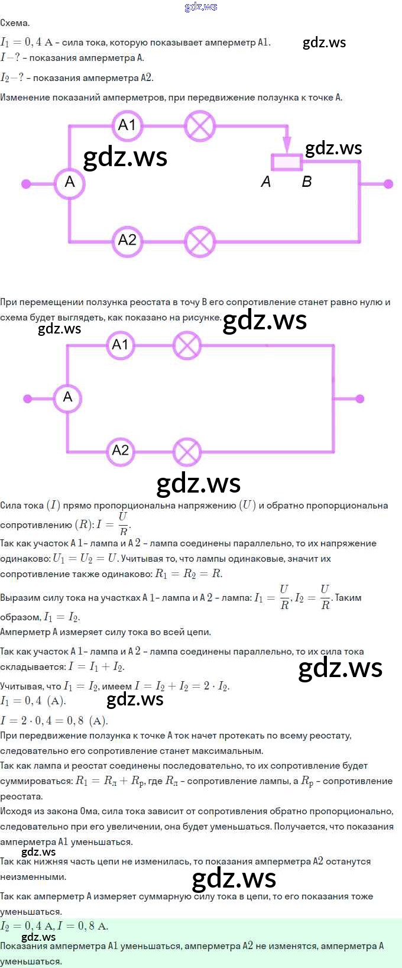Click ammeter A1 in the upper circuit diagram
[x=127, y=125]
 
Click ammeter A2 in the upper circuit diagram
[x=127, y=240]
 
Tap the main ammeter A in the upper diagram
[x=70, y=183]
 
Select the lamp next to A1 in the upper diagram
[x=200, y=126]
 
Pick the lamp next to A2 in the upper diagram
[x=200, y=241]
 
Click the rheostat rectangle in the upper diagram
[x=287, y=161]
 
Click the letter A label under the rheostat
[x=266, y=182]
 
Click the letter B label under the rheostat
[x=306, y=182]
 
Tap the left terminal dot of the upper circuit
[x=27, y=184]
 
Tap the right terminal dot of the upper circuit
[x=388, y=184]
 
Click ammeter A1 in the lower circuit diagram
[x=120, y=345]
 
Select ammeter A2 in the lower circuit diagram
[x=120, y=451]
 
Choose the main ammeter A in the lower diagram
[x=67, y=397]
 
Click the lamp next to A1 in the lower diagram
[x=187, y=345]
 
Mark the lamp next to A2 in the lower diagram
[x=187, y=452]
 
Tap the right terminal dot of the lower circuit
[x=359, y=399]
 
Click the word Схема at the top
[x=15, y=23]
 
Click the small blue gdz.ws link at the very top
[x=200, y=7]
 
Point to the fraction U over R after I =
[x=123, y=524]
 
